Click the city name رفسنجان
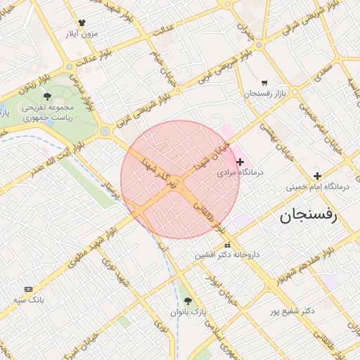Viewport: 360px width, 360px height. [x=309, y=214]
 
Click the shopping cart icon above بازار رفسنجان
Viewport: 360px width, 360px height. [x=264, y=82]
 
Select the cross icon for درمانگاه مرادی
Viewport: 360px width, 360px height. [x=240, y=162]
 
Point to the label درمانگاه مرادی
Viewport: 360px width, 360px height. [x=239, y=172]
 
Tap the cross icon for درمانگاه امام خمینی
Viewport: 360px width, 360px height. [x=317, y=176]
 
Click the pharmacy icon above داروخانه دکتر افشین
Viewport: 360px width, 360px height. [x=226, y=245]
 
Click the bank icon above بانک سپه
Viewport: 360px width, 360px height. [x=28, y=289]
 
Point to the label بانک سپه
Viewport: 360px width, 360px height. [x=29, y=300]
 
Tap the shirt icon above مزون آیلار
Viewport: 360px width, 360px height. [x=82, y=23]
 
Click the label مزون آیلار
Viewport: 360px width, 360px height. [x=82, y=34]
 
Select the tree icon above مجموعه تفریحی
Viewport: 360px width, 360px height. [x=47, y=96]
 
